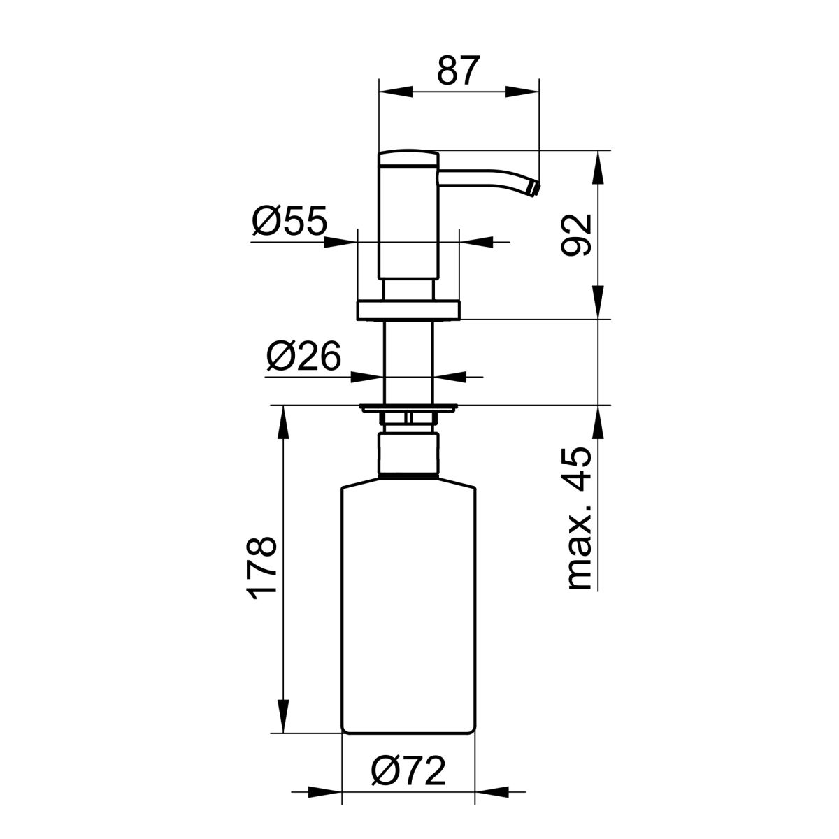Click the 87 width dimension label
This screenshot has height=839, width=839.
459,70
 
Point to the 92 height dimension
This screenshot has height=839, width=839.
576,235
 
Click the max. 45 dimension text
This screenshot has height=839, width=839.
580,519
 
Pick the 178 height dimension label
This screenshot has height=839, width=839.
261,565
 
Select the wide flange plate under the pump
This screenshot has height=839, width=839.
408,310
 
